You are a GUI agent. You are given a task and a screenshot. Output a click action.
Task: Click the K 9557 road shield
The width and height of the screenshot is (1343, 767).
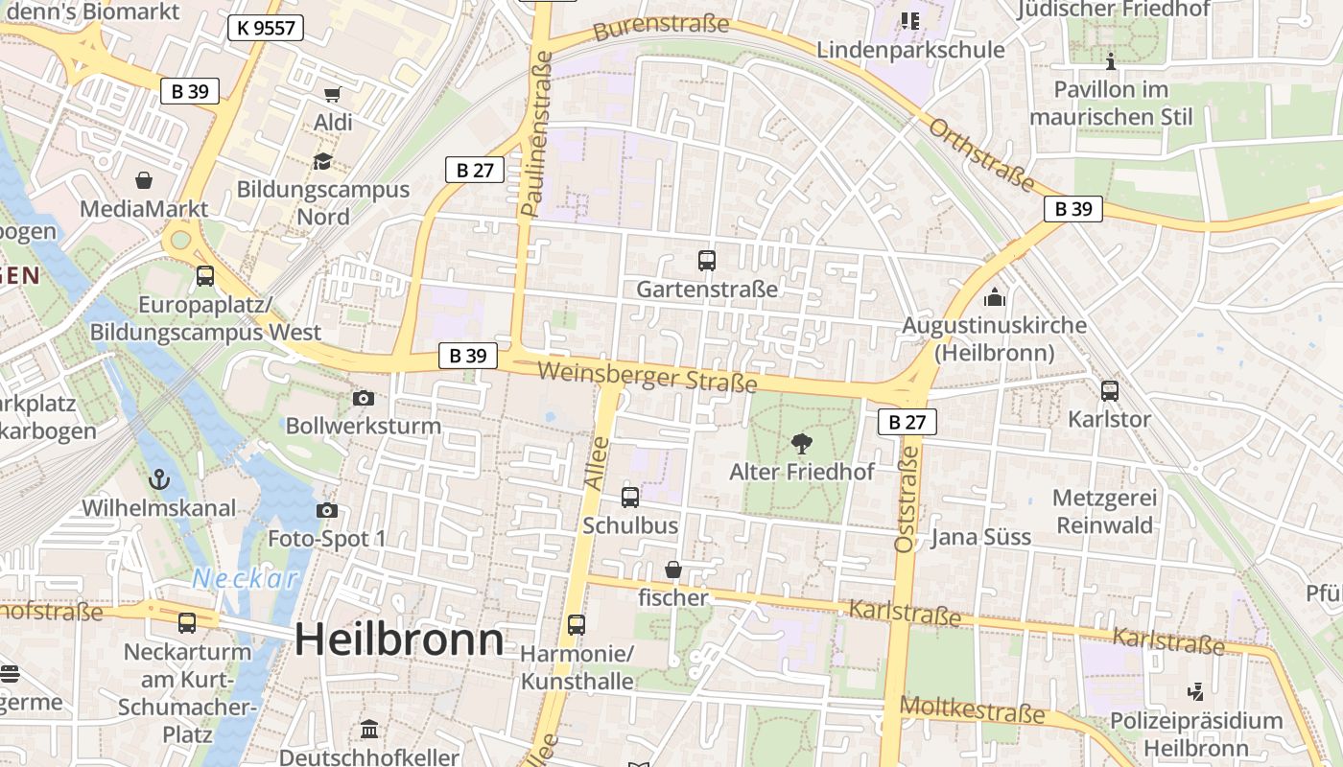(x=266, y=28)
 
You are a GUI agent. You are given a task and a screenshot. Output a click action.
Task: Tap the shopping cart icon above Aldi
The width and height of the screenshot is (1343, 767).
(x=333, y=94)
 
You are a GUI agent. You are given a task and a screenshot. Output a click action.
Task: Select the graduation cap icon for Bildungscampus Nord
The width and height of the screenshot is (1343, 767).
(x=322, y=161)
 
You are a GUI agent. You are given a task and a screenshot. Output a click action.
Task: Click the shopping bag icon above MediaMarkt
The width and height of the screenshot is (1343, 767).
(x=144, y=180)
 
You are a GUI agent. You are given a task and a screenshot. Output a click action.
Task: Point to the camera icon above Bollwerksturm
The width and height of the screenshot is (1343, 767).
(x=364, y=398)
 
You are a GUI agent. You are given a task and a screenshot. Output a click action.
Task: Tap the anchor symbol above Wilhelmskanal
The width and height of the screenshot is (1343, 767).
(x=159, y=478)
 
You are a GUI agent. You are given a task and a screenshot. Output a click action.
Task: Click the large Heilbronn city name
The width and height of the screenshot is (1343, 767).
(x=399, y=639)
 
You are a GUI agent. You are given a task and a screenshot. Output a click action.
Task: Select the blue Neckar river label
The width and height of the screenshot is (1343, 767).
(x=246, y=578)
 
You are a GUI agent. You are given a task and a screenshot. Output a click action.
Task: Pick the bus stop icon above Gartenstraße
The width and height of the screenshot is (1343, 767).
(x=707, y=260)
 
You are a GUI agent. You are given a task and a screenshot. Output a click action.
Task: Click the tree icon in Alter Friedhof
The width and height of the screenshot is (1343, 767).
(x=801, y=443)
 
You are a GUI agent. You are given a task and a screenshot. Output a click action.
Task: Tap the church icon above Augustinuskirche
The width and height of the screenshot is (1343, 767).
(x=995, y=297)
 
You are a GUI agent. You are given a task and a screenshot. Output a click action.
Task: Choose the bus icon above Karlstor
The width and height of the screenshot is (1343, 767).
(x=1110, y=390)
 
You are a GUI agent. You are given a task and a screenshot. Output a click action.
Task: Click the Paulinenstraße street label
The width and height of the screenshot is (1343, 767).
(x=537, y=132)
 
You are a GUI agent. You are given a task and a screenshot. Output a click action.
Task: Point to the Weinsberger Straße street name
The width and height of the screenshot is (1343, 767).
(x=648, y=377)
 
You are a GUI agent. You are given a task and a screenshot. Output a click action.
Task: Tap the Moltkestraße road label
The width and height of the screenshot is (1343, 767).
(x=973, y=710)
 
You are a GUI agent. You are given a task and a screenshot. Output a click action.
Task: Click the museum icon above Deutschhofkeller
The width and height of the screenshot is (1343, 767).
(x=369, y=730)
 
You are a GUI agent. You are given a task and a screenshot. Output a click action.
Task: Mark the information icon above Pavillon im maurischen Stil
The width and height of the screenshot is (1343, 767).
(x=1111, y=62)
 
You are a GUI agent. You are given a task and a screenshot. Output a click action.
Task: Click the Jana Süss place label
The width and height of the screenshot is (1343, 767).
(x=981, y=537)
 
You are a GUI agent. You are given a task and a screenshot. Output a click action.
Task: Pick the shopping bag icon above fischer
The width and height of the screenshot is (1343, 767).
(x=673, y=570)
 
